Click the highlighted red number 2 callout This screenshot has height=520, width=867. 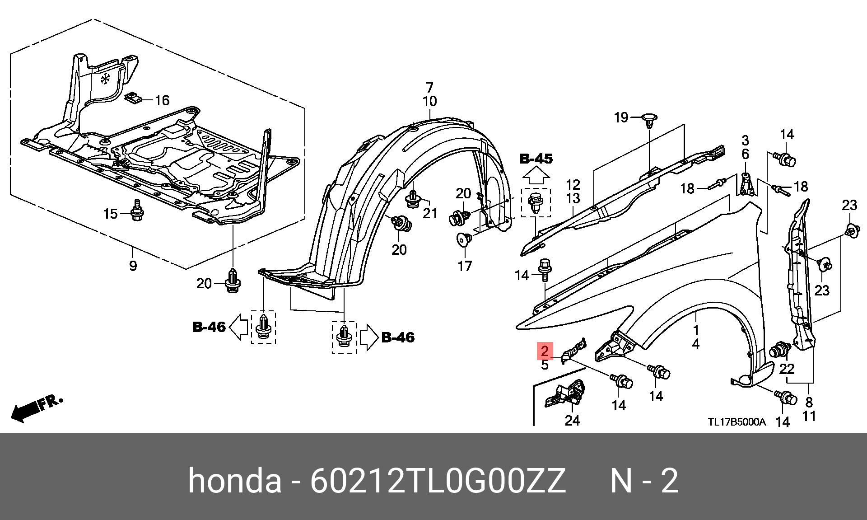[x=545, y=351]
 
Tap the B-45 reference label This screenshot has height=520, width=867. [x=536, y=159]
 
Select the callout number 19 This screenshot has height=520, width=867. [x=621, y=117]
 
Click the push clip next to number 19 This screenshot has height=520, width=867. [x=650, y=119]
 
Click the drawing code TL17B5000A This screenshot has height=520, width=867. [x=736, y=422]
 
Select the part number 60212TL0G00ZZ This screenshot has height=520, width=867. [x=438, y=481]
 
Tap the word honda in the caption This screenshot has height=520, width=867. [x=234, y=480]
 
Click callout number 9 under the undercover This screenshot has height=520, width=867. [x=133, y=266]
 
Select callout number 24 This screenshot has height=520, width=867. [x=572, y=421]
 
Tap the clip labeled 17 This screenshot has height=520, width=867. [x=464, y=239]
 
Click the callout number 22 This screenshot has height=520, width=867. [x=787, y=369]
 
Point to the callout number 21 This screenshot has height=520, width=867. [x=430, y=213]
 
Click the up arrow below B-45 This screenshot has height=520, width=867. [x=536, y=175]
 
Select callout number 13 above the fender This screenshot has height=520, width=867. [x=573, y=198]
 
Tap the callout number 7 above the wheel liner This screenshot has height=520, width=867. [x=429, y=87]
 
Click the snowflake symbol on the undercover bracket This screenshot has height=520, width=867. [x=105, y=79]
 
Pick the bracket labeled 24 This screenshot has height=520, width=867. [x=565, y=394]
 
